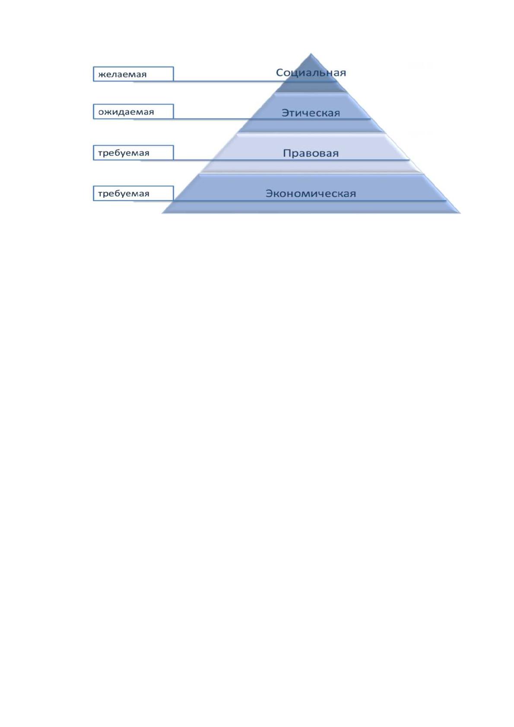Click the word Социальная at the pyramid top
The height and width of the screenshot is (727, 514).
click(311, 73)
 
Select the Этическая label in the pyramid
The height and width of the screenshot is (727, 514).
click(311, 113)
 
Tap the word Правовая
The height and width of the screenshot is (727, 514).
click(311, 153)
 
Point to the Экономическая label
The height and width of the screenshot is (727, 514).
click(311, 193)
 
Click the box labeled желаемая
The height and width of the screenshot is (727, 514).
click(133, 74)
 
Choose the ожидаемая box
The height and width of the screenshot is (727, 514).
click(133, 112)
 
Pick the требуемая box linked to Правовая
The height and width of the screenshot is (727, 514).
click(133, 152)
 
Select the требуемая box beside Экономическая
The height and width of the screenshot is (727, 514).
click(133, 193)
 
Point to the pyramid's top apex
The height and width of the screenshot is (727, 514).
click(311, 54)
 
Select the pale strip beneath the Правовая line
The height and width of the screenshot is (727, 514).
click(311, 166)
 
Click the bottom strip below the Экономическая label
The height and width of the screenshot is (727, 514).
click(311, 207)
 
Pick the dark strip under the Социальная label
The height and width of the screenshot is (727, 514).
click(311, 87)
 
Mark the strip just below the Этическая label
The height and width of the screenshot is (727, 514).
click(311, 126)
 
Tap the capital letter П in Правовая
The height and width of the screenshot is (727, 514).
click(287, 153)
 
